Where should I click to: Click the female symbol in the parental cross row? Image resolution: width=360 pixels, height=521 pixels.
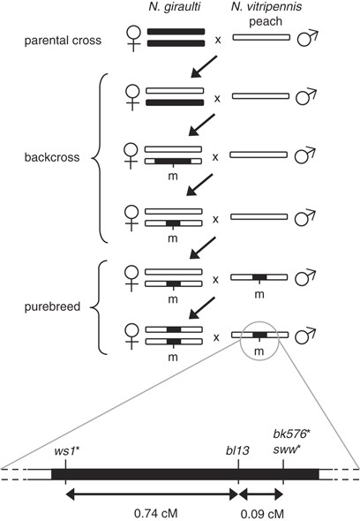click(132, 41)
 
